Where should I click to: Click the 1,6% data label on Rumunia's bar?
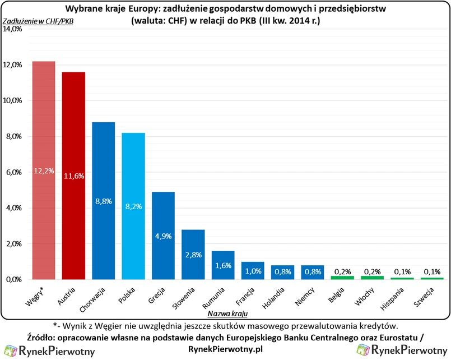(224, 266)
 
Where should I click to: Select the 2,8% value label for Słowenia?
(193, 255)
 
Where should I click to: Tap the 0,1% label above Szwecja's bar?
(433, 272)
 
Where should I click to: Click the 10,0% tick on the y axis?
(12, 101)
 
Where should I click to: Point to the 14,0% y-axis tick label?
(12, 29)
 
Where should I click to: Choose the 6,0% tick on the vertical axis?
(13, 172)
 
